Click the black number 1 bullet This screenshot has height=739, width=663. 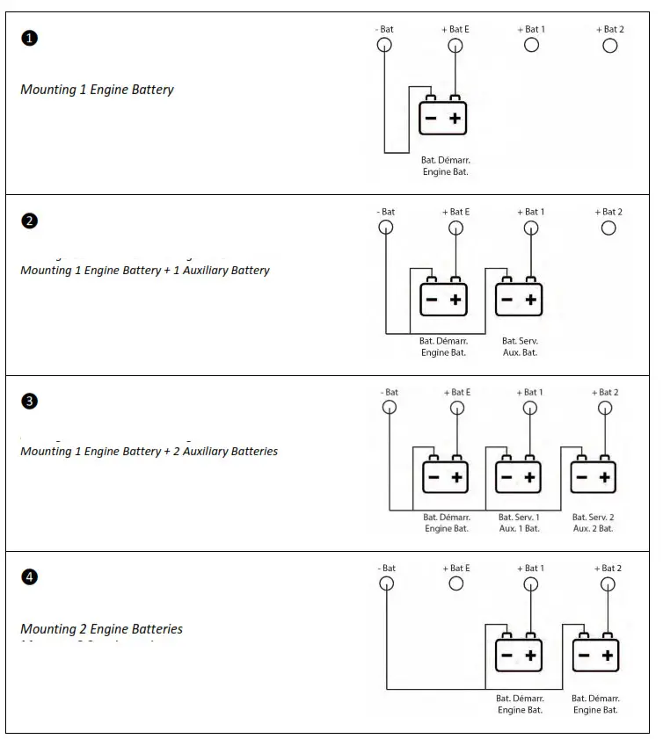[29, 38]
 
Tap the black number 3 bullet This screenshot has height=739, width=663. [29, 402]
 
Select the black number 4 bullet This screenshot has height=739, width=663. [29, 577]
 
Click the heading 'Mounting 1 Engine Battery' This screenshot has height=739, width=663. [97, 90]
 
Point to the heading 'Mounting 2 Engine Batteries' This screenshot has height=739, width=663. [101, 629]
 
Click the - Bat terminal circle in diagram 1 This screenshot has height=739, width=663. [384, 46]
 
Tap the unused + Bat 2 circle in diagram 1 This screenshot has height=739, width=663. [609, 45]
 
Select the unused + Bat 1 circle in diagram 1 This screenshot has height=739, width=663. [531, 45]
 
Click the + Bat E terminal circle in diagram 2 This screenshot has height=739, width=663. [455, 228]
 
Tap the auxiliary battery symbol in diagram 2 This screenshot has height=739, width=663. [519, 299]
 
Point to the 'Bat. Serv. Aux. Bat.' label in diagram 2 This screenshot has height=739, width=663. [520, 346]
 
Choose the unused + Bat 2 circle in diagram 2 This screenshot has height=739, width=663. [608, 228]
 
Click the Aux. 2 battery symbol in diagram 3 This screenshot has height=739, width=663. [594, 476]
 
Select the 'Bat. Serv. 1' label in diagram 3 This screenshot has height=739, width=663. [519, 518]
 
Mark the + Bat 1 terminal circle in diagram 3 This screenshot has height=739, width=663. [530, 408]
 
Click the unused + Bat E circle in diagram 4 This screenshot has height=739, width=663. [455, 583]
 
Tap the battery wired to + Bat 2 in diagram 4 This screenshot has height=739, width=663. [595, 655]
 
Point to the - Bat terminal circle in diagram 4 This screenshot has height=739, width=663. [387, 583]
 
